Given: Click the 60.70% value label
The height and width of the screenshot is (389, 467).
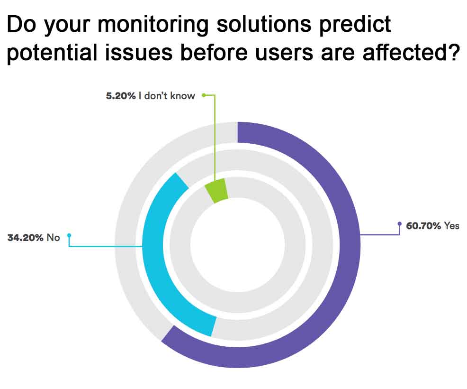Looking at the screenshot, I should point(423,226).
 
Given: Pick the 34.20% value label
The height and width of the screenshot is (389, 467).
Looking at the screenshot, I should point(25,238).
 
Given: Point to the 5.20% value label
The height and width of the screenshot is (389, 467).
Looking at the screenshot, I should point(121,96).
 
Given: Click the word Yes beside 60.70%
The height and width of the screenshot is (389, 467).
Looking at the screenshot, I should point(451,226).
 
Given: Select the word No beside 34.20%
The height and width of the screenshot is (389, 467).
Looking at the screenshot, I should point(53,238).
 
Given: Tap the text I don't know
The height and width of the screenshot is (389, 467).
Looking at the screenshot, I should point(167,96).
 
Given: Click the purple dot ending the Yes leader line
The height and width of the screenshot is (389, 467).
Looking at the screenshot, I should point(400,223).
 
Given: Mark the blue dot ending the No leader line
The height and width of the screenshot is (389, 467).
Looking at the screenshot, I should point(69,235).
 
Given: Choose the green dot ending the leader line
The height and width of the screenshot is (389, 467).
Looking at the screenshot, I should point(204,95).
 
